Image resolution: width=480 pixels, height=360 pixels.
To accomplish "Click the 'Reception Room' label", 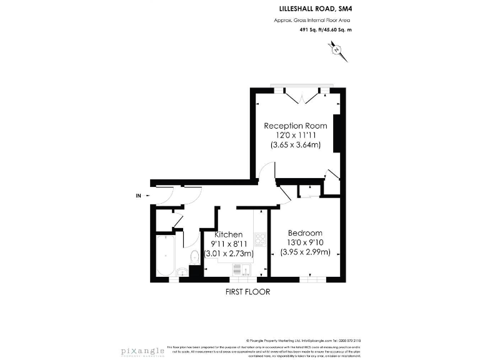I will click(295, 126).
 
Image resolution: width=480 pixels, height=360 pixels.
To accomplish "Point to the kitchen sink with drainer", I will click(241, 269).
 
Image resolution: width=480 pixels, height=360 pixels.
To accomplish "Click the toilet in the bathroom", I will click(194, 256).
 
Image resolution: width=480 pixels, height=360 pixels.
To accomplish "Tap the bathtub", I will click(166, 256).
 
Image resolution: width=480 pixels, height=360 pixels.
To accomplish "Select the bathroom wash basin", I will click(181, 271).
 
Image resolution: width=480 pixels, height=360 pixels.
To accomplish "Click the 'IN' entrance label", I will click(138, 196).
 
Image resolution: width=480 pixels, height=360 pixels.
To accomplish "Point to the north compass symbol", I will click(336, 49).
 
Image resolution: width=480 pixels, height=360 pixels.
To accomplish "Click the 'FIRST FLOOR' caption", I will click(247, 292).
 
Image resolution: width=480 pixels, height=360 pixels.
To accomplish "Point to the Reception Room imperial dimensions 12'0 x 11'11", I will click(295, 135).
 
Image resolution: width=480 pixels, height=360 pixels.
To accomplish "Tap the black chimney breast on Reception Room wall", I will click(337, 132).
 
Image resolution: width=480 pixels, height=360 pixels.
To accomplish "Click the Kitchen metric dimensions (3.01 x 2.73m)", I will click(229, 253).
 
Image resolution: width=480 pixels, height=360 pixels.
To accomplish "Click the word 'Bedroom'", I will click(304, 233).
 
